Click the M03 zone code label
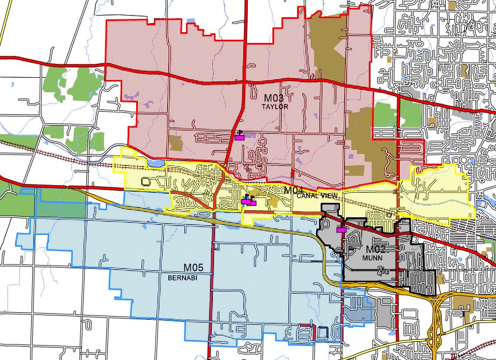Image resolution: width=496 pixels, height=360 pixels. (x=274, y=99)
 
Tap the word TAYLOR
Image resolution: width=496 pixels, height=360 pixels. (x=275, y=107)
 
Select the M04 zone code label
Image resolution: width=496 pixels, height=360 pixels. (x=295, y=190)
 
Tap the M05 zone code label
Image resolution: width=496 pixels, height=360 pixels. (x=195, y=268)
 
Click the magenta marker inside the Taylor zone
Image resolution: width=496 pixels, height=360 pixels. (x=239, y=137)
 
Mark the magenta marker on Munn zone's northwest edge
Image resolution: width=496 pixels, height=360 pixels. (x=340, y=230)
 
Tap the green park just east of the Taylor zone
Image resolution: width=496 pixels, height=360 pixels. (x=386, y=114)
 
